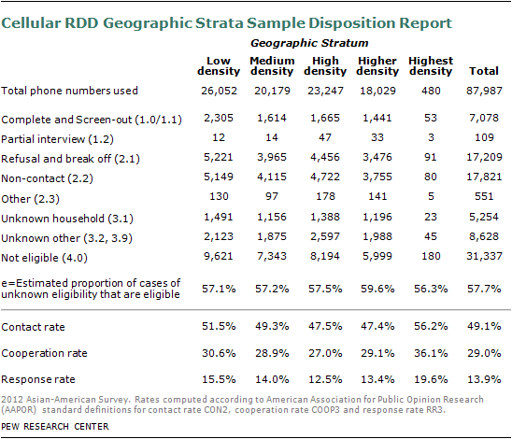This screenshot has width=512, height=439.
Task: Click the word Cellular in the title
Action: (x=31, y=23)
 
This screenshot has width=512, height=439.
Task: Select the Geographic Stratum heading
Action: (x=309, y=43)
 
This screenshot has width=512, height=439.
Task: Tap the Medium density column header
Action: (x=272, y=66)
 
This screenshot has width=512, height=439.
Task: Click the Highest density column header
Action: (x=431, y=66)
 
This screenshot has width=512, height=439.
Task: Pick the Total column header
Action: (x=484, y=71)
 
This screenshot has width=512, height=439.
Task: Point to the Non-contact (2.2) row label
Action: (x=47, y=178)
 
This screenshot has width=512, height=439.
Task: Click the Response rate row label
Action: (x=38, y=379)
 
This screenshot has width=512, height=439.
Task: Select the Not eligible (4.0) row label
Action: (x=44, y=258)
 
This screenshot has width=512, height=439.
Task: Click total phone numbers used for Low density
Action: (x=219, y=91)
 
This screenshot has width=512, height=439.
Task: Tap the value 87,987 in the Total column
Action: (x=484, y=91)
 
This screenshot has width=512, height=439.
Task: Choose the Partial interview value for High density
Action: (x=325, y=137)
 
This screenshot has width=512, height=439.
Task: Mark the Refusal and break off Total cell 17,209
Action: (x=484, y=157)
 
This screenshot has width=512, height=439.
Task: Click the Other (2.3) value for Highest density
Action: (x=431, y=196)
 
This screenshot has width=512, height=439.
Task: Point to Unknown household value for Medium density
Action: (x=272, y=217)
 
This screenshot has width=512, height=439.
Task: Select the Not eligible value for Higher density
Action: (x=377, y=256)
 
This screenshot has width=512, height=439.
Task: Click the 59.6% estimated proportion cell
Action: (x=377, y=289)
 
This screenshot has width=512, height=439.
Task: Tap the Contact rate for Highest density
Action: (x=431, y=326)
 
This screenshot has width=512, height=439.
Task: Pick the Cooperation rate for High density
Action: (x=325, y=353)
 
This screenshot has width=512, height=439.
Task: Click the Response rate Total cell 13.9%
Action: (x=484, y=379)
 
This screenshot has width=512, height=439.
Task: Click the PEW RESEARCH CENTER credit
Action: (x=55, y=427)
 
